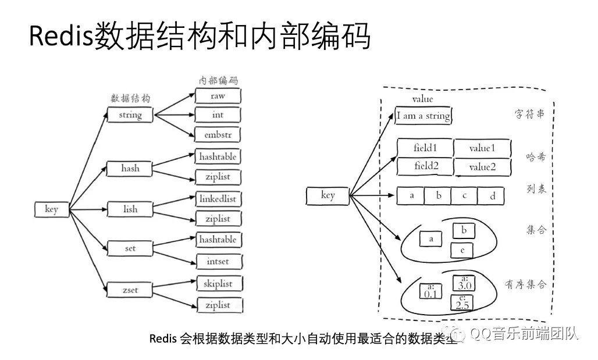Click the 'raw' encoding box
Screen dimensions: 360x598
pos(218,96)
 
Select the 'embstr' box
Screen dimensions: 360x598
pos(218,134)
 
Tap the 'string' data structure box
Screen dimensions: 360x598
pos(130,115)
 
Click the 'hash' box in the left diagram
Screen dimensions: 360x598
pos(130,169)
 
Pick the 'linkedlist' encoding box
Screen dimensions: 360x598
pos(218,198)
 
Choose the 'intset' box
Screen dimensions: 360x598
pos(218,261)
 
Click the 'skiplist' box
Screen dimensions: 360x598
pos(218,284)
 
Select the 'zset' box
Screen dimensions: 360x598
pos(130,288)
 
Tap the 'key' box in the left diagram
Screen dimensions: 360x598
pos(51,209)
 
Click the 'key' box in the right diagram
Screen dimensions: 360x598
pos(328,195)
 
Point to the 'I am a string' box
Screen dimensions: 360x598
pos(423,116)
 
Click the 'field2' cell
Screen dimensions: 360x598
pos(425,166)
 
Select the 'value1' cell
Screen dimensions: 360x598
pos(482,148)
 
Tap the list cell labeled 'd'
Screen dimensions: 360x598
pos(492,196)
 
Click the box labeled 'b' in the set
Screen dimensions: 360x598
pos(464,231)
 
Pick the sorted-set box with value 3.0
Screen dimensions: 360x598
pos(464,284)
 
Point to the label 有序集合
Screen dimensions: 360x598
pos(525,284)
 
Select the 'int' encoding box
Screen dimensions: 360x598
pos(218,115)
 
